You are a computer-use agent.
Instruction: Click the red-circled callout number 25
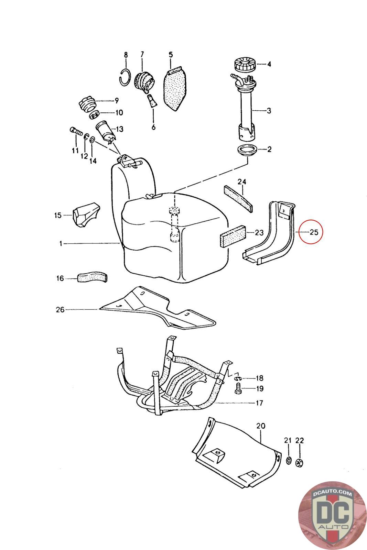click(x=314, y=232)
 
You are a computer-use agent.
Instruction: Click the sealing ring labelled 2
click(x=247, y=150)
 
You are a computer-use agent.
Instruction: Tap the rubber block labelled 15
click(x=85, y=215)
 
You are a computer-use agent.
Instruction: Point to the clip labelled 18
click(x=238, y=378)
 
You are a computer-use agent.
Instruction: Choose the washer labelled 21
click(x=288, y=460)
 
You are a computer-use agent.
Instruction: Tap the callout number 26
click(x=60, y=310)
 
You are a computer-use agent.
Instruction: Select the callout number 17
click(x=259, y=403)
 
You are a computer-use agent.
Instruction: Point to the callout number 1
click(x=61, y=243)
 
